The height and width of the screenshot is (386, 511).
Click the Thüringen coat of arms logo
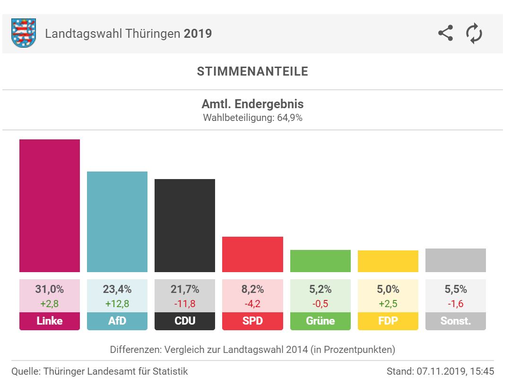pos(24,34)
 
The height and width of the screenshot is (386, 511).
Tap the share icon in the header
pos(445,34)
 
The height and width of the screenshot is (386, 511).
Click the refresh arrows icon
pos(474,34)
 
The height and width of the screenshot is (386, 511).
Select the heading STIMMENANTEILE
pos(252,71)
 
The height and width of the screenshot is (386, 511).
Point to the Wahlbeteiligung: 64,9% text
pos(252,118)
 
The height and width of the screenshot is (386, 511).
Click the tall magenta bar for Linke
pos(50,206)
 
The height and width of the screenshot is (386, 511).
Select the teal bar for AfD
pos(117,222)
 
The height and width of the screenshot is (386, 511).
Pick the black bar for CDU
pos(185,225)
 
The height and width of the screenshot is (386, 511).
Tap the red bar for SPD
pos(252,254)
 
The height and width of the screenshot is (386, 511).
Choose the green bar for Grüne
pos(320,261)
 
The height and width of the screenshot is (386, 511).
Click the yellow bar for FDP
pos(388,261)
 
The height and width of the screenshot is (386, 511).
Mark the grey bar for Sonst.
pos(455,260)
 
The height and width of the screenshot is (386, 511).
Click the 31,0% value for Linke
pos(50,289)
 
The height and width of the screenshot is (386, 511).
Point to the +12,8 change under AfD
pos(117,303)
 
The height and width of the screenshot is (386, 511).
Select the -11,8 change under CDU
pos(185,303)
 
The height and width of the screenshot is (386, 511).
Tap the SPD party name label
pos(252,321)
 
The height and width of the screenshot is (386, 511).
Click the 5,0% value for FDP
pos(388,289)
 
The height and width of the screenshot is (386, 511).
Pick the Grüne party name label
pos(320,321)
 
